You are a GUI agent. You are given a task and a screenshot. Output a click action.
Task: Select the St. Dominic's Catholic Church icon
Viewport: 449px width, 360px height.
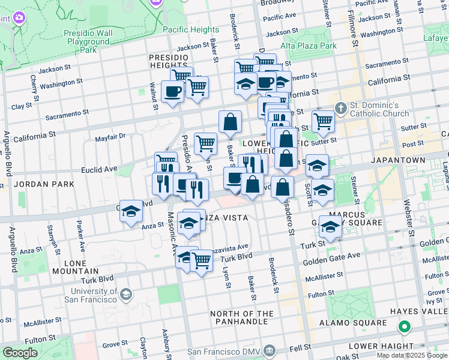341,109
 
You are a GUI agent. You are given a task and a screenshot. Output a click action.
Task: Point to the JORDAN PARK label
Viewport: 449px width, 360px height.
40,184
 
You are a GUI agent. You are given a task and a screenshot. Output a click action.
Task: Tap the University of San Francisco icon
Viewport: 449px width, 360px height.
126,294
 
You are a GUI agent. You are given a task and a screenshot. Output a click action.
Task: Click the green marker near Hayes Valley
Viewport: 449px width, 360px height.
405,328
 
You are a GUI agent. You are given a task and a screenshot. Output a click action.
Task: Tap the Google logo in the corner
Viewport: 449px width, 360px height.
20,352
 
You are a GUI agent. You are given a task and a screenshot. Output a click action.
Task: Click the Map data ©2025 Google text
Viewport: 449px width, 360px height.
412,355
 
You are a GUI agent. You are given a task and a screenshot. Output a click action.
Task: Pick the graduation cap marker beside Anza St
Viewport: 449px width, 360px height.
131,212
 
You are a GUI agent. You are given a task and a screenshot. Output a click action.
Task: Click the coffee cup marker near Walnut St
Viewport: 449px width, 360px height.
173,92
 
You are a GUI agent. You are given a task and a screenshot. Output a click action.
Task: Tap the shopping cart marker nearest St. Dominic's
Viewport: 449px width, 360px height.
323,121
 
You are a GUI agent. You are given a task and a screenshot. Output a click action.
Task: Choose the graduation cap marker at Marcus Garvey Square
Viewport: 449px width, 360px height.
330,227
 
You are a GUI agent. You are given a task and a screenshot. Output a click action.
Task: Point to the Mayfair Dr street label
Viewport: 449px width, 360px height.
110,136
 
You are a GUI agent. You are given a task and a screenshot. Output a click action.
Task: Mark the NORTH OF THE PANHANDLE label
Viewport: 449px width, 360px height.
241,318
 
